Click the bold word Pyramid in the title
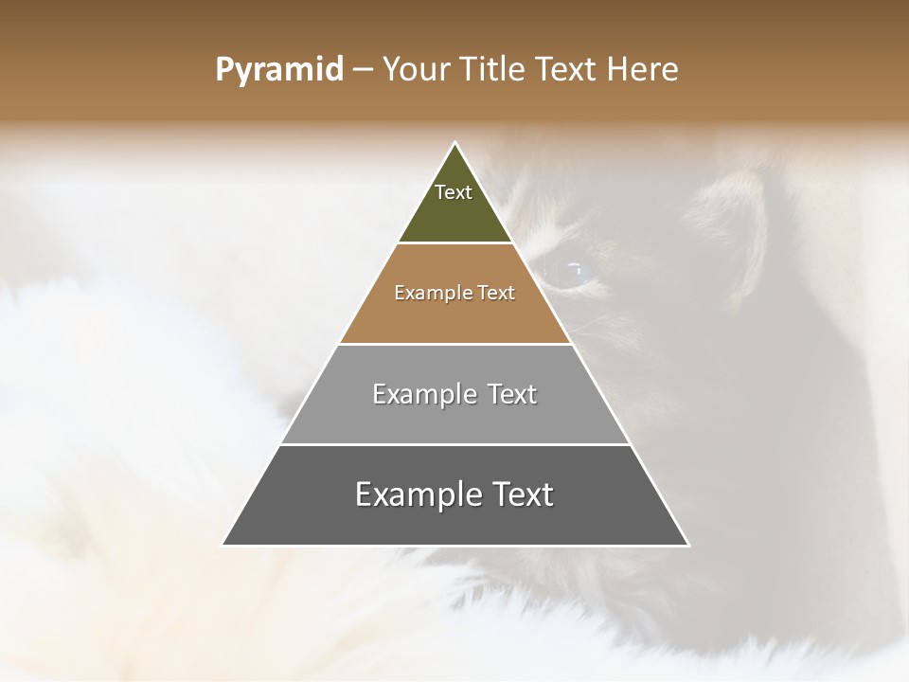point(279,70)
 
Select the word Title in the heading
point(495,70)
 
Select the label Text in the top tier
point(454,192)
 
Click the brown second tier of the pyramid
point(455,317)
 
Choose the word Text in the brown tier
point(497,294)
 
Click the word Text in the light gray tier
point(512,395)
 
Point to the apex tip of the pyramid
point(455,144)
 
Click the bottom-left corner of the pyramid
point(223,545)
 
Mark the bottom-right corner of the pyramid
point(687,545)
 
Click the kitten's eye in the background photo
point(568,272)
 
